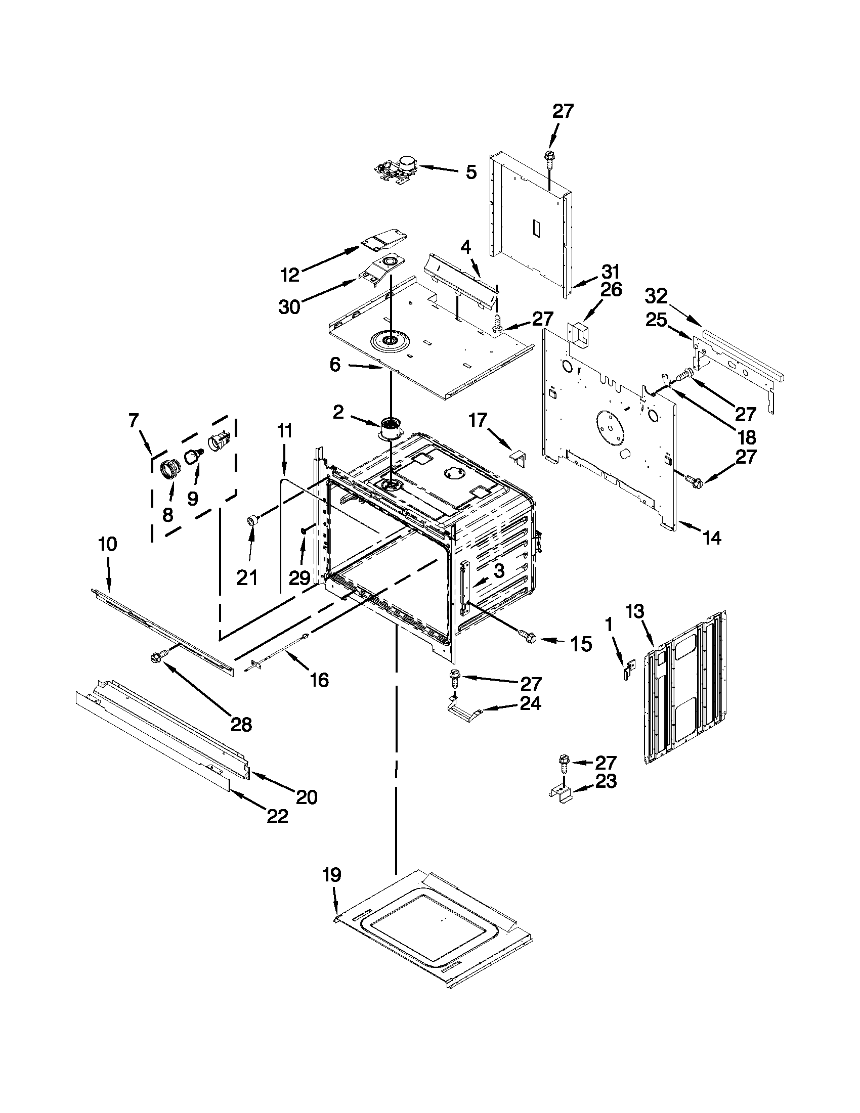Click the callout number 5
(x=471, y=172)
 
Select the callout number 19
(x=332, y=875)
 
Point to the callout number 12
(x=290, y=275)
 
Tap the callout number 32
(x=656, y=296)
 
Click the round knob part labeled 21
(x=252, y=520)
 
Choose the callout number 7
(x=134, y=421)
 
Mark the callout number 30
(x=289, y=307)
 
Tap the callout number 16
(x=319, y=679)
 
